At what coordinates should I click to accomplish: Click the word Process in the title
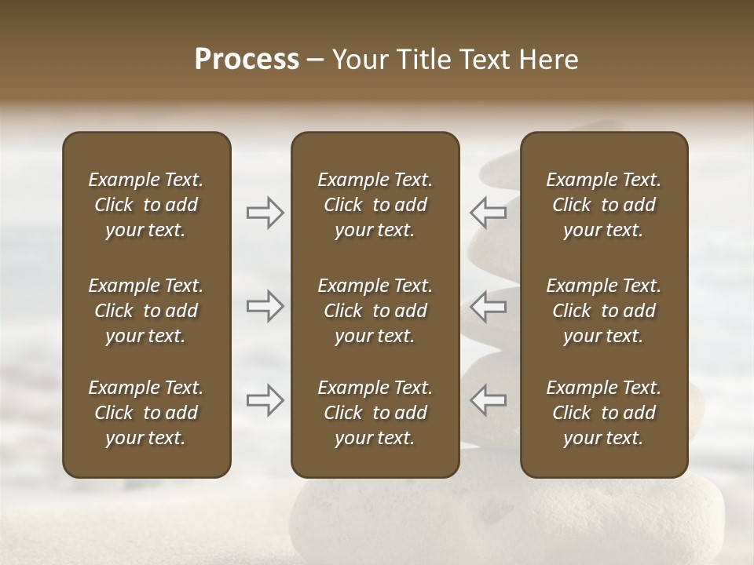coord(247,60)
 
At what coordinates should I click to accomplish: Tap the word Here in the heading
coord(549,60)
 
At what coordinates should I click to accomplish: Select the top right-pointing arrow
coord(265,212)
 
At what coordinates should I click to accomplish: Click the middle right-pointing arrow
coord(265,306)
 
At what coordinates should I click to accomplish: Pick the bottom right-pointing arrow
coord(265,400)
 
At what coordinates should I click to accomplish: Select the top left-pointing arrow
coord(488,212)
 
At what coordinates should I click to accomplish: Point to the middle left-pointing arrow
coord(488,306)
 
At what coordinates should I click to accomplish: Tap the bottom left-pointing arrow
coord(488,400)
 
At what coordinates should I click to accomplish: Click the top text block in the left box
coord(146,205)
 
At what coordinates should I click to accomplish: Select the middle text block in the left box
coord(146,311)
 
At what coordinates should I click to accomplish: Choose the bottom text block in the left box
coord(146,413)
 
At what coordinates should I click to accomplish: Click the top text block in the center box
coord(375,205)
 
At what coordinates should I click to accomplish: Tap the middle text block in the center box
coord(375,311)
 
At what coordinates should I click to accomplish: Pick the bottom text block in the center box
coord(375,413)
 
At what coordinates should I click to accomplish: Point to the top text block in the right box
coord(604,205)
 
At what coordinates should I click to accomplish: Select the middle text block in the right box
coord(604,311)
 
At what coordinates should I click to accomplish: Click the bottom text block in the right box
coord(604,413)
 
